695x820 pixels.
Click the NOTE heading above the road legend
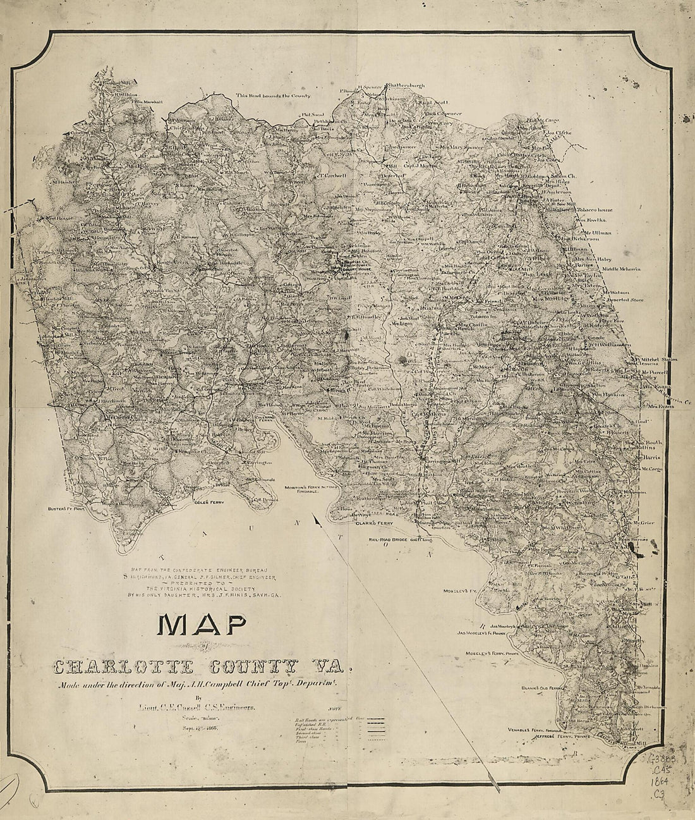pyautogui.click(x=336, y=711)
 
